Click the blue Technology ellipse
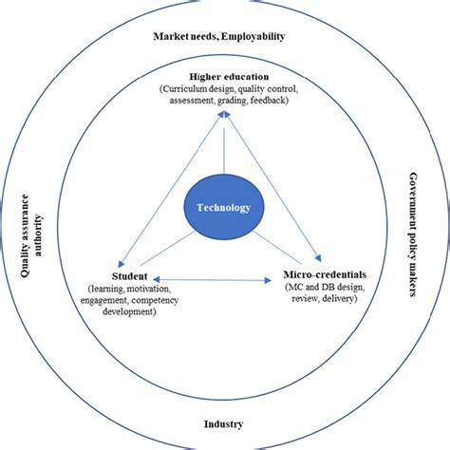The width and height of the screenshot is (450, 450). pyautogui.click(x=223, y=208)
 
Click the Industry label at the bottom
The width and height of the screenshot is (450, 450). pyautogui.click(x=224, y=423)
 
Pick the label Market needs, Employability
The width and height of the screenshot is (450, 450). pyautogui.click(x=219, y=37)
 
